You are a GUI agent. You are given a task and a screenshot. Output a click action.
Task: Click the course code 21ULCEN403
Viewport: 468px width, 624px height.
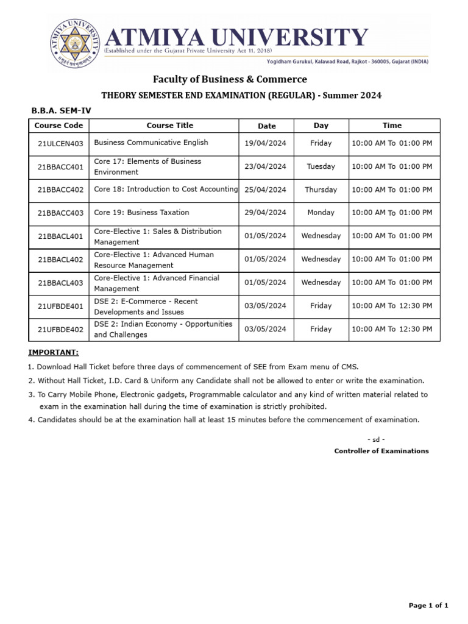click(x=60, y=143)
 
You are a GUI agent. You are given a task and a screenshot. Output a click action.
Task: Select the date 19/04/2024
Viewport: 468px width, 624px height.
click(x=265, y=143)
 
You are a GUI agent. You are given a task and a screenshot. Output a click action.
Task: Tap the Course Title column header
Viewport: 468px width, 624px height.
click(x=169, y=126)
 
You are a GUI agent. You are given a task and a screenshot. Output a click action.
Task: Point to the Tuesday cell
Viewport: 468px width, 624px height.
click(x=321, y=166)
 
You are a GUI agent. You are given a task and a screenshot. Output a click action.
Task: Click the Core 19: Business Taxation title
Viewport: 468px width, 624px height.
click(x=141, y=213)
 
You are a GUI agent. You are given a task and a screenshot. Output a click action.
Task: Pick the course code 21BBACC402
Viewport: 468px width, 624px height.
click(x=60, y=190)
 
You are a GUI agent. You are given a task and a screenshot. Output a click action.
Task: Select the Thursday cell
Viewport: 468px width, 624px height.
click(x=321, y=190)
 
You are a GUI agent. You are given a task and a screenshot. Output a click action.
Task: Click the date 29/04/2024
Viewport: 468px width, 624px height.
click(x=265, y=213)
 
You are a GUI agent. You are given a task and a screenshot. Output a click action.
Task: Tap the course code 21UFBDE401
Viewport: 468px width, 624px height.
click(x=60, y=306)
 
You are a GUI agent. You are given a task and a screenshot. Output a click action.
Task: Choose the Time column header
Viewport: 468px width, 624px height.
click(x=392, y=126)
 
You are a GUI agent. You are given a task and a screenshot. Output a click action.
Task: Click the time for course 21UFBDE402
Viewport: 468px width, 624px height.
click(x=392, y=329)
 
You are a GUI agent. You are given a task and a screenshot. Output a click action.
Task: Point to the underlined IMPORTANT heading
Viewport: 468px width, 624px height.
click(x=53, y=353)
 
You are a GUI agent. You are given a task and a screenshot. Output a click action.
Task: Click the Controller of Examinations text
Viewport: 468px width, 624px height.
click(x=381, y=451)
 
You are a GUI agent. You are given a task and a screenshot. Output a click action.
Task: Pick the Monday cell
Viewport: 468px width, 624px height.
click(x=321, y=213)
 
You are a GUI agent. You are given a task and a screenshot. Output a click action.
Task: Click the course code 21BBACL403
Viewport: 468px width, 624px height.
click(x=60, y=283)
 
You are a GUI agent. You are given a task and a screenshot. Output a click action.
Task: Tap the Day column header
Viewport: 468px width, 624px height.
click(x=321, y=126)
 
